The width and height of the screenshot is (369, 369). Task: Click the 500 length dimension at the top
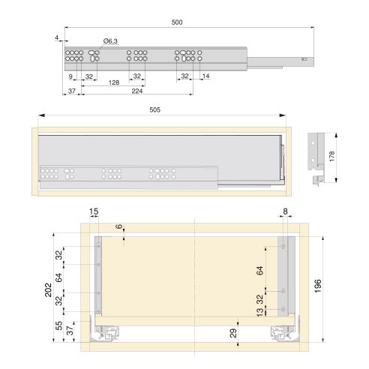tap(177, 23)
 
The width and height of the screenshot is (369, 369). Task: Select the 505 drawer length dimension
tap(154, 109)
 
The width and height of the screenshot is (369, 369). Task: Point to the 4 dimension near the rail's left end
tap(55, 37)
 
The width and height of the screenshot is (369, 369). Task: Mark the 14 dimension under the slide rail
tap(205, 76)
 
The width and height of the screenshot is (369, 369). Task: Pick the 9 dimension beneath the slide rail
tap(70, 76)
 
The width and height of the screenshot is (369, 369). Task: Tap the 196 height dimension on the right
tap(318, 285)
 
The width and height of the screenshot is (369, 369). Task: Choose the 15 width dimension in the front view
tap(93, 212)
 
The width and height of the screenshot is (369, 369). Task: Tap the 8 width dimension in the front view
tap(286, 212)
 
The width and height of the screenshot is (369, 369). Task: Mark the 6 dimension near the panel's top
tap(118, 226)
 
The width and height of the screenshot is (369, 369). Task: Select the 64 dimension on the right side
tap(260, 270)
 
